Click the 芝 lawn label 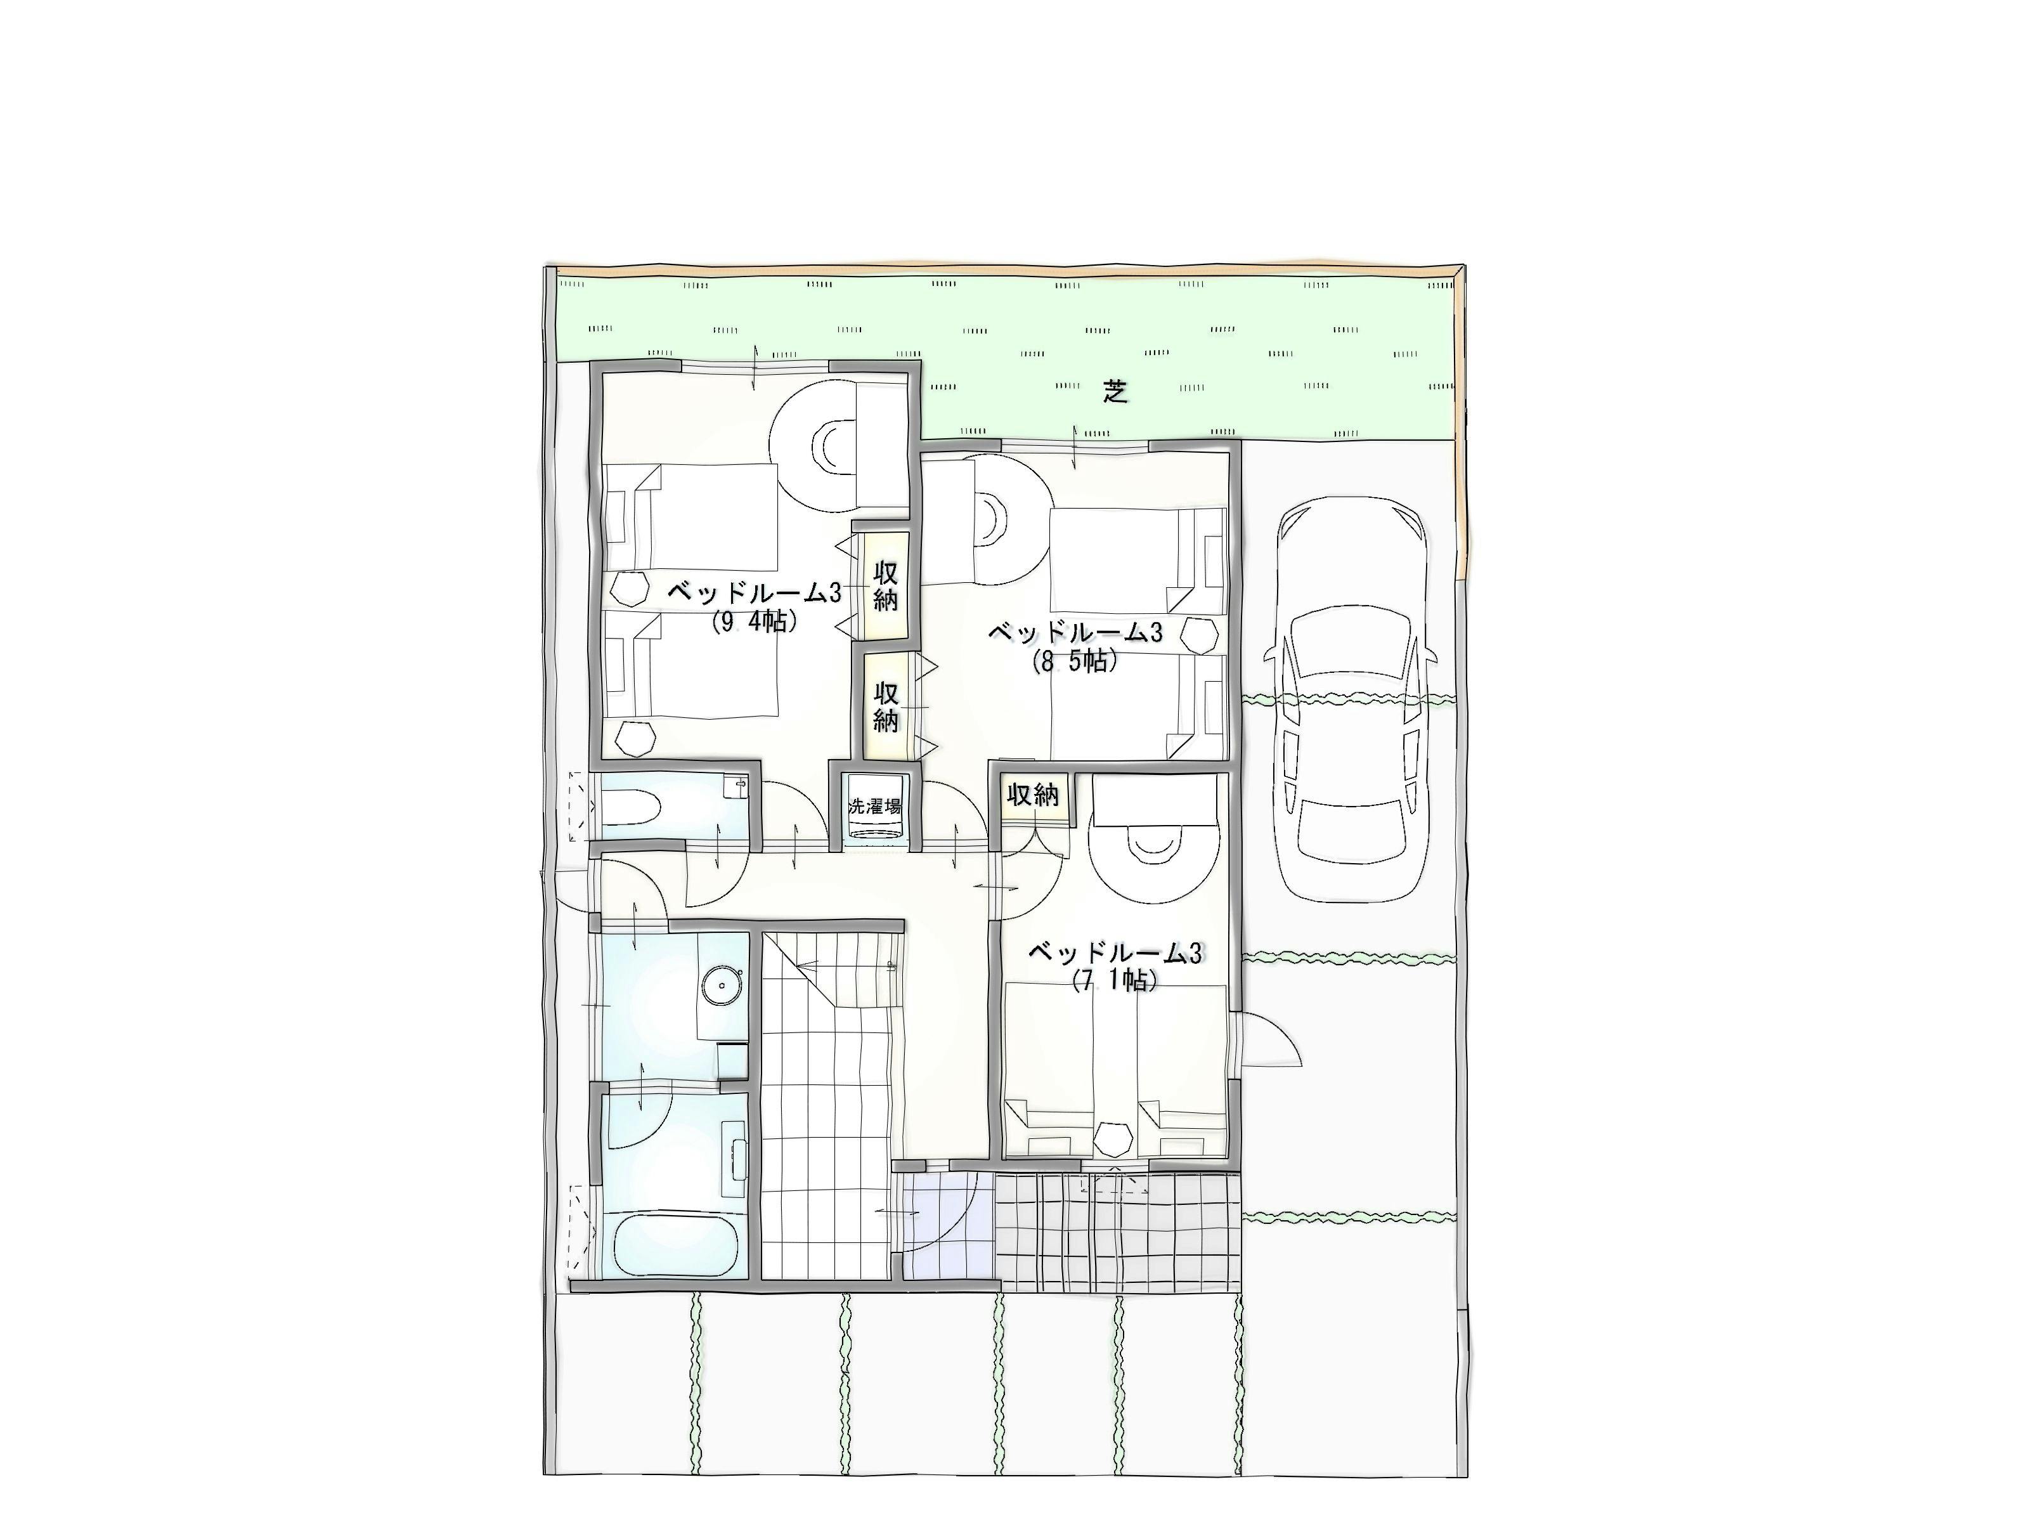pos(1115,393)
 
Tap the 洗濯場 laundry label pos(874,807)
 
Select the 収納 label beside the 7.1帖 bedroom pos(1034,795)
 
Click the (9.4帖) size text pos(754,621)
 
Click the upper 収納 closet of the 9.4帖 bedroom pos(885,585)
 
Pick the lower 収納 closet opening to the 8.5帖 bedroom pos(886,705)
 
